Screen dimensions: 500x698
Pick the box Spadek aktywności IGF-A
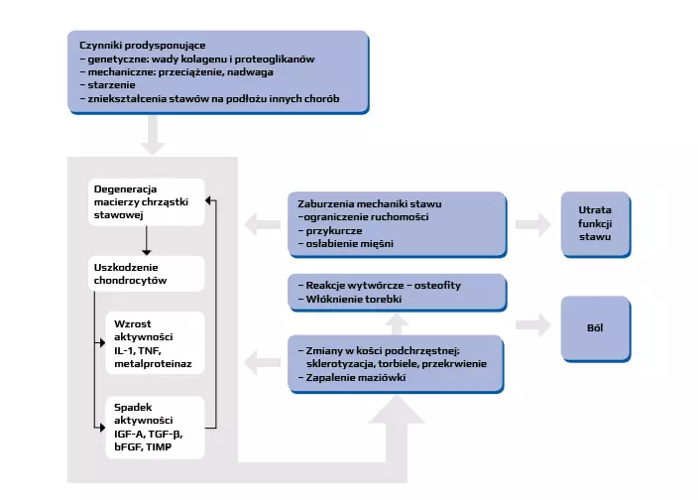click(154, 427)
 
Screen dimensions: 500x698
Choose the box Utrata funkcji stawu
click(595, 224)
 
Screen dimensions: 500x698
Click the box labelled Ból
click(595, 326)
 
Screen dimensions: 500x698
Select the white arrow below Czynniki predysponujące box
click(153, 135)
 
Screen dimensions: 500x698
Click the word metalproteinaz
click(154, 366)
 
